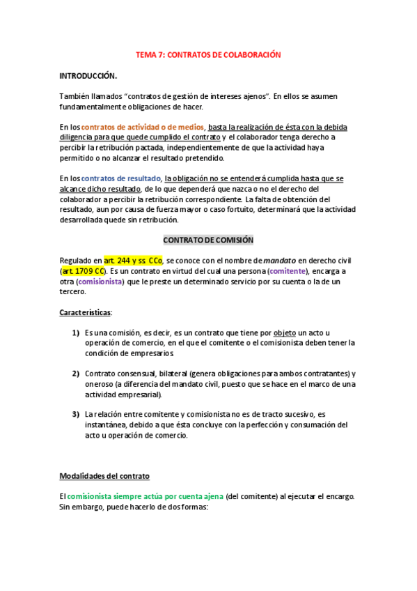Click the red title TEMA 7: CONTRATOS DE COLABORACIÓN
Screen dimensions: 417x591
(x=208, y=54)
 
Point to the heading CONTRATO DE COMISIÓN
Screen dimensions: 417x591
(x=208, y=240)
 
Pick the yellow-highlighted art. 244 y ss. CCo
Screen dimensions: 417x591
(x=133, y=260)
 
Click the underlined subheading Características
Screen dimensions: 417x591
(x=85, y=313)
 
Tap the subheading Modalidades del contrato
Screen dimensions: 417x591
(x=104, y=476)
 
